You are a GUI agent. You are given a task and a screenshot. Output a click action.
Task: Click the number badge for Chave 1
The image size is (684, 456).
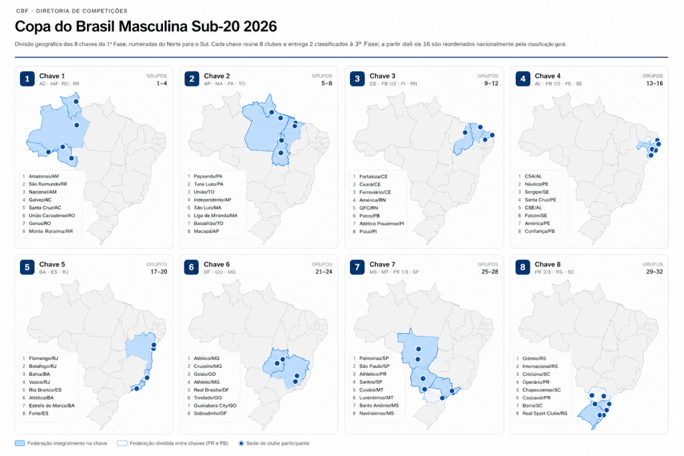pyautogui.click(x=27, y=79)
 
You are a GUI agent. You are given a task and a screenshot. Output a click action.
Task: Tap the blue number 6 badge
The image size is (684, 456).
pyautogui.click(x=192, y=267)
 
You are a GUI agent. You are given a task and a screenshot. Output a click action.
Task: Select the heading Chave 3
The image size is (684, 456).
pyautogui.click(x=382, y=76)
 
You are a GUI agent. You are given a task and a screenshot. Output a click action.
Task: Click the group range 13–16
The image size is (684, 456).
pyautogui.click(x=655, y=83)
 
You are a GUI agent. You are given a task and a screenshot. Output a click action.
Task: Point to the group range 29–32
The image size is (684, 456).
pyautogui.click(x=654, y=272)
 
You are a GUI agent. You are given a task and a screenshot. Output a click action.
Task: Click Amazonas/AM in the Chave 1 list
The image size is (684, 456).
pyautogui.click(x=43, y=176)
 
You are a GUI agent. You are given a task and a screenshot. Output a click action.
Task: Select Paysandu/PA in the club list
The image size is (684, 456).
pyautogui.click(x=208, y=176)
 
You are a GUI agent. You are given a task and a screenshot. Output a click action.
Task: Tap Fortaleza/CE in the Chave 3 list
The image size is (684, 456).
pyautogui.click(x=373, y=176)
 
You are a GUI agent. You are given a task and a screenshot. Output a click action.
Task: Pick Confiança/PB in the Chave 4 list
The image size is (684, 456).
pyautogui.click(x=540, y=232)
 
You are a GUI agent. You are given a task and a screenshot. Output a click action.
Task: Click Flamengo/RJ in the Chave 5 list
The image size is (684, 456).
pyautogui.click(x=43, y=359)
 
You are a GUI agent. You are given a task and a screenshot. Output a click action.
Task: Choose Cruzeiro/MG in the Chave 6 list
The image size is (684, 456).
pyautogui.click(x=208, y=366)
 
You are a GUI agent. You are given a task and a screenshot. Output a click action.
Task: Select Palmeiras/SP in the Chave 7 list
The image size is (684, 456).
pyautogui.click(x=374, y=359)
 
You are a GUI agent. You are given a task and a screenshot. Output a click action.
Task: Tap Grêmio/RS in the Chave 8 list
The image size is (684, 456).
pyautogui.click(x=534, y=359)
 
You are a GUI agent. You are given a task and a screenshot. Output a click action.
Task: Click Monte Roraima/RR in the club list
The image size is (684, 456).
pyautogui.click(x=51, y=232)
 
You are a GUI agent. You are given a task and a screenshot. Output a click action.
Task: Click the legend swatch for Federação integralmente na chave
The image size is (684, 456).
pyautogui.click(x=19, y=443)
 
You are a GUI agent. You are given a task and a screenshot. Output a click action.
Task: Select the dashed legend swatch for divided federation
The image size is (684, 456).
pyautogui.click(x=122, y=443)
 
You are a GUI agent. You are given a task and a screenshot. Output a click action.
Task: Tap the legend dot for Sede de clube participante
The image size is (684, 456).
pyautogui.click(x=241, y=443)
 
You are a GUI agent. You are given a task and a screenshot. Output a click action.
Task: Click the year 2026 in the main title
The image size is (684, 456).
pyautogui.click(x=260, y=27)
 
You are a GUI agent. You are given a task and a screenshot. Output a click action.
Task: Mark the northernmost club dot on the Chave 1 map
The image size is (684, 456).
pyautogui.click(x=76, y=101)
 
